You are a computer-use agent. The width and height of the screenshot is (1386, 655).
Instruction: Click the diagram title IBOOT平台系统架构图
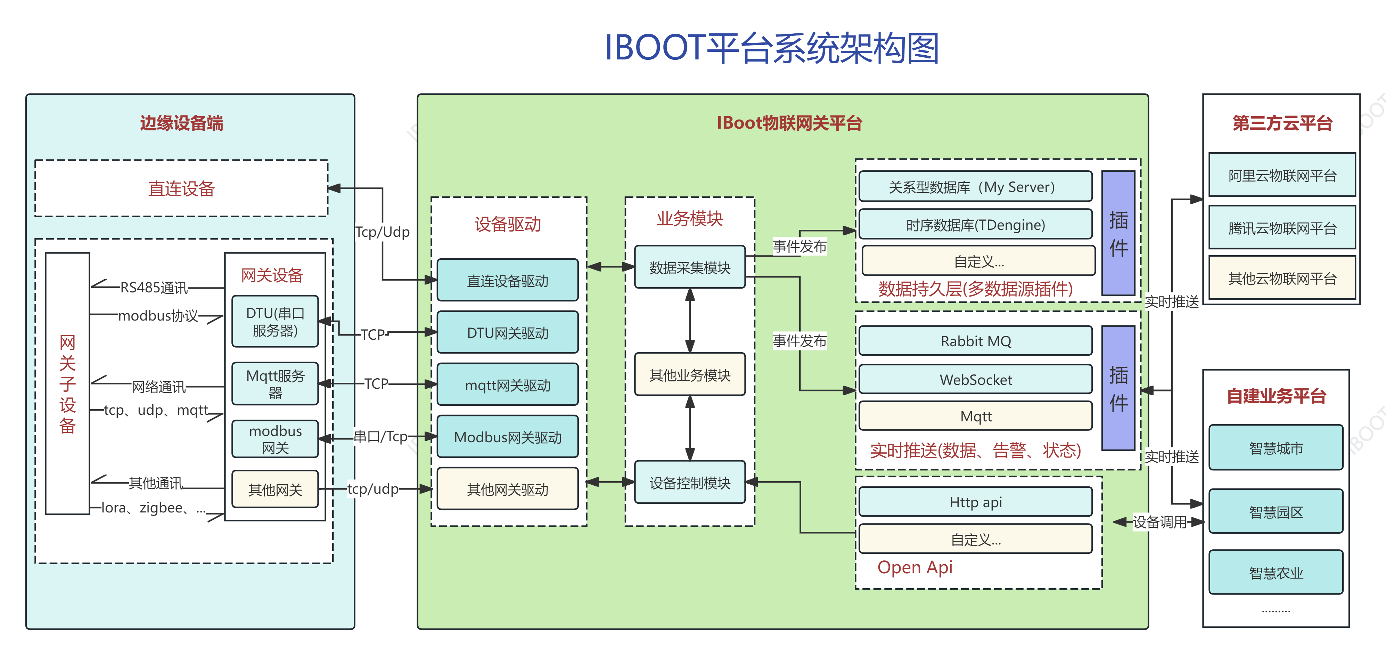[772, 48]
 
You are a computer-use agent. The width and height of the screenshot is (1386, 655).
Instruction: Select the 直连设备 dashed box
[181, 188]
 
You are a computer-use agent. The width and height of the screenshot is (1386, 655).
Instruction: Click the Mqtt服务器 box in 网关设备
[275, 384]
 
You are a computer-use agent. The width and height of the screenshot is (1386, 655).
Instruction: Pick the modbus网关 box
[275, 439]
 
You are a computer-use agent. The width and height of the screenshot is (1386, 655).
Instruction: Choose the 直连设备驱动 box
[507, 281]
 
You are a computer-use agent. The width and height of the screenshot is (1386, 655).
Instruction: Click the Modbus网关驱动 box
[507, 436]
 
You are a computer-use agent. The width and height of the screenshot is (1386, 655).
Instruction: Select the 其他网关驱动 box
[507, 489]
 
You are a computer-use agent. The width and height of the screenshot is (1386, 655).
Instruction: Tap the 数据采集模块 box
[690, 267]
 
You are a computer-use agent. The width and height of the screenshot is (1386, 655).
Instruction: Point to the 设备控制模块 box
[690, 482]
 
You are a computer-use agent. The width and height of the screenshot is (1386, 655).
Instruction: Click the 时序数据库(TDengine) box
[975, 225]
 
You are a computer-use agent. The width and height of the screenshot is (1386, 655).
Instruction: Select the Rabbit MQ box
[975, 341]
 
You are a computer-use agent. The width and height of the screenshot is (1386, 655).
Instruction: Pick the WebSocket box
[975, 379]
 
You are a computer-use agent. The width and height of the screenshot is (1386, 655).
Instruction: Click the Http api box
[975, 502]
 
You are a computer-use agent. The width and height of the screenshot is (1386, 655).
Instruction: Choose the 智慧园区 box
[1276, 511]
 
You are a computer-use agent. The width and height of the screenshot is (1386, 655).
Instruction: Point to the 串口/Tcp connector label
[380, 436]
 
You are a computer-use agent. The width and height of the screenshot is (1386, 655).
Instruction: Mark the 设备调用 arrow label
[1159, 521]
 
